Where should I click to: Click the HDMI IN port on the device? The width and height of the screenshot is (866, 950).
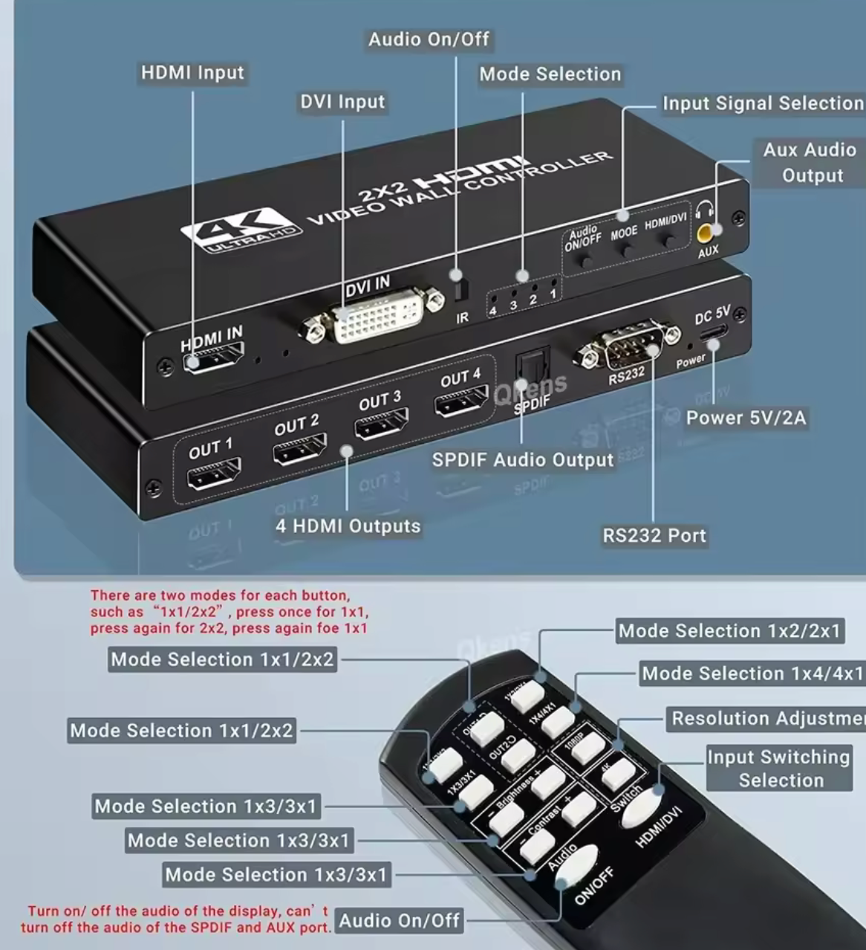[x=214, y=360]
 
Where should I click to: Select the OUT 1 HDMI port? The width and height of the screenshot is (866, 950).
[x=214, y=474]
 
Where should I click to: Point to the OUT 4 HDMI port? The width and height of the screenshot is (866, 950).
[x=460, y=402]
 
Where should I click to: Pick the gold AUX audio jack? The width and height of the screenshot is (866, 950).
[x=706, y=233]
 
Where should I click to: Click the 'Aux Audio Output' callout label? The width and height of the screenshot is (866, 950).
[x=810, y=162]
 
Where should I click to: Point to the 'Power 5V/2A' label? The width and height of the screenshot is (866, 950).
[x=746, y=418]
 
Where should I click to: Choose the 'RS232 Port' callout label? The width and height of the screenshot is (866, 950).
[x=654, y=536]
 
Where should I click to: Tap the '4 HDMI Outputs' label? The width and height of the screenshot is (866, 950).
[x=348, y=526]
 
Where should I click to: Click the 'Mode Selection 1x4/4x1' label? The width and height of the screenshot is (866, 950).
[x=752, y=674]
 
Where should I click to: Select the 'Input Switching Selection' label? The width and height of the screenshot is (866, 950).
[x=778, y=769]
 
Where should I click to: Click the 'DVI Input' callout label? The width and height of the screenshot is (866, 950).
[x=342, y=102]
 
